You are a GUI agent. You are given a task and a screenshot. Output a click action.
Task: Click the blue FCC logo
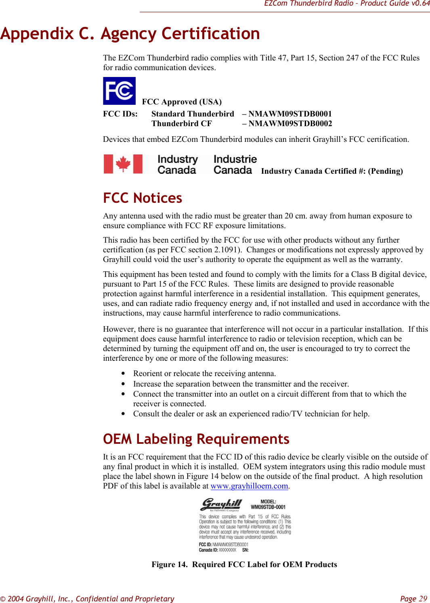click(119, 91)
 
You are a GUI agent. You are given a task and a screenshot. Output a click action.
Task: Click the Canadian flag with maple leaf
click(123, 164)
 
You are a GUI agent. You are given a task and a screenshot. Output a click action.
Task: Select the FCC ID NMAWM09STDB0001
click(290, 114)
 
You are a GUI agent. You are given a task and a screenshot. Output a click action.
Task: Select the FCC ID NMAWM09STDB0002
click(290, 123)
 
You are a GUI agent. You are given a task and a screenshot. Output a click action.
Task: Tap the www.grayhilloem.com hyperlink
click(249, 486)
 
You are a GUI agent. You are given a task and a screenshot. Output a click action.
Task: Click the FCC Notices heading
click(143, 198)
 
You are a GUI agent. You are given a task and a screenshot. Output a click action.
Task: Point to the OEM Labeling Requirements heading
click(196, 439)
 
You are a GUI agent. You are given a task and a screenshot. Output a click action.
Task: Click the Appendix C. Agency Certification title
click(130, 33)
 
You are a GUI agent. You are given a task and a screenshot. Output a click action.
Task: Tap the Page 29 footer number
click(413, 599)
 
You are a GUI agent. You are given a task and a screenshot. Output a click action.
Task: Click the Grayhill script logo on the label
click(221, 504)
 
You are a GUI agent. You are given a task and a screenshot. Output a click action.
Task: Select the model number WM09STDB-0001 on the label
click(268, 507)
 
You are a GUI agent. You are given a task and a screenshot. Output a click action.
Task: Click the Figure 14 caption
click(244, 564)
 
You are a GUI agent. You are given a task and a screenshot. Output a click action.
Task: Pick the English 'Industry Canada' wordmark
click(177, 164)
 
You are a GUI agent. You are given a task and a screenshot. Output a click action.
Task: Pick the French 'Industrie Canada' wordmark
click(235, 164)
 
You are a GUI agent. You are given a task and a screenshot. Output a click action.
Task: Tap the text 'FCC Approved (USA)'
click(182, 102)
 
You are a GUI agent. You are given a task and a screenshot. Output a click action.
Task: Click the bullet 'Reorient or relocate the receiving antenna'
click(204, 373)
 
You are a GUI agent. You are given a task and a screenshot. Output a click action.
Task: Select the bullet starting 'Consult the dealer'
click(251, 414)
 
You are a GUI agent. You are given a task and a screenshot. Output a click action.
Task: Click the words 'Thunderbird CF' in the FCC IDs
click(181, 123)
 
